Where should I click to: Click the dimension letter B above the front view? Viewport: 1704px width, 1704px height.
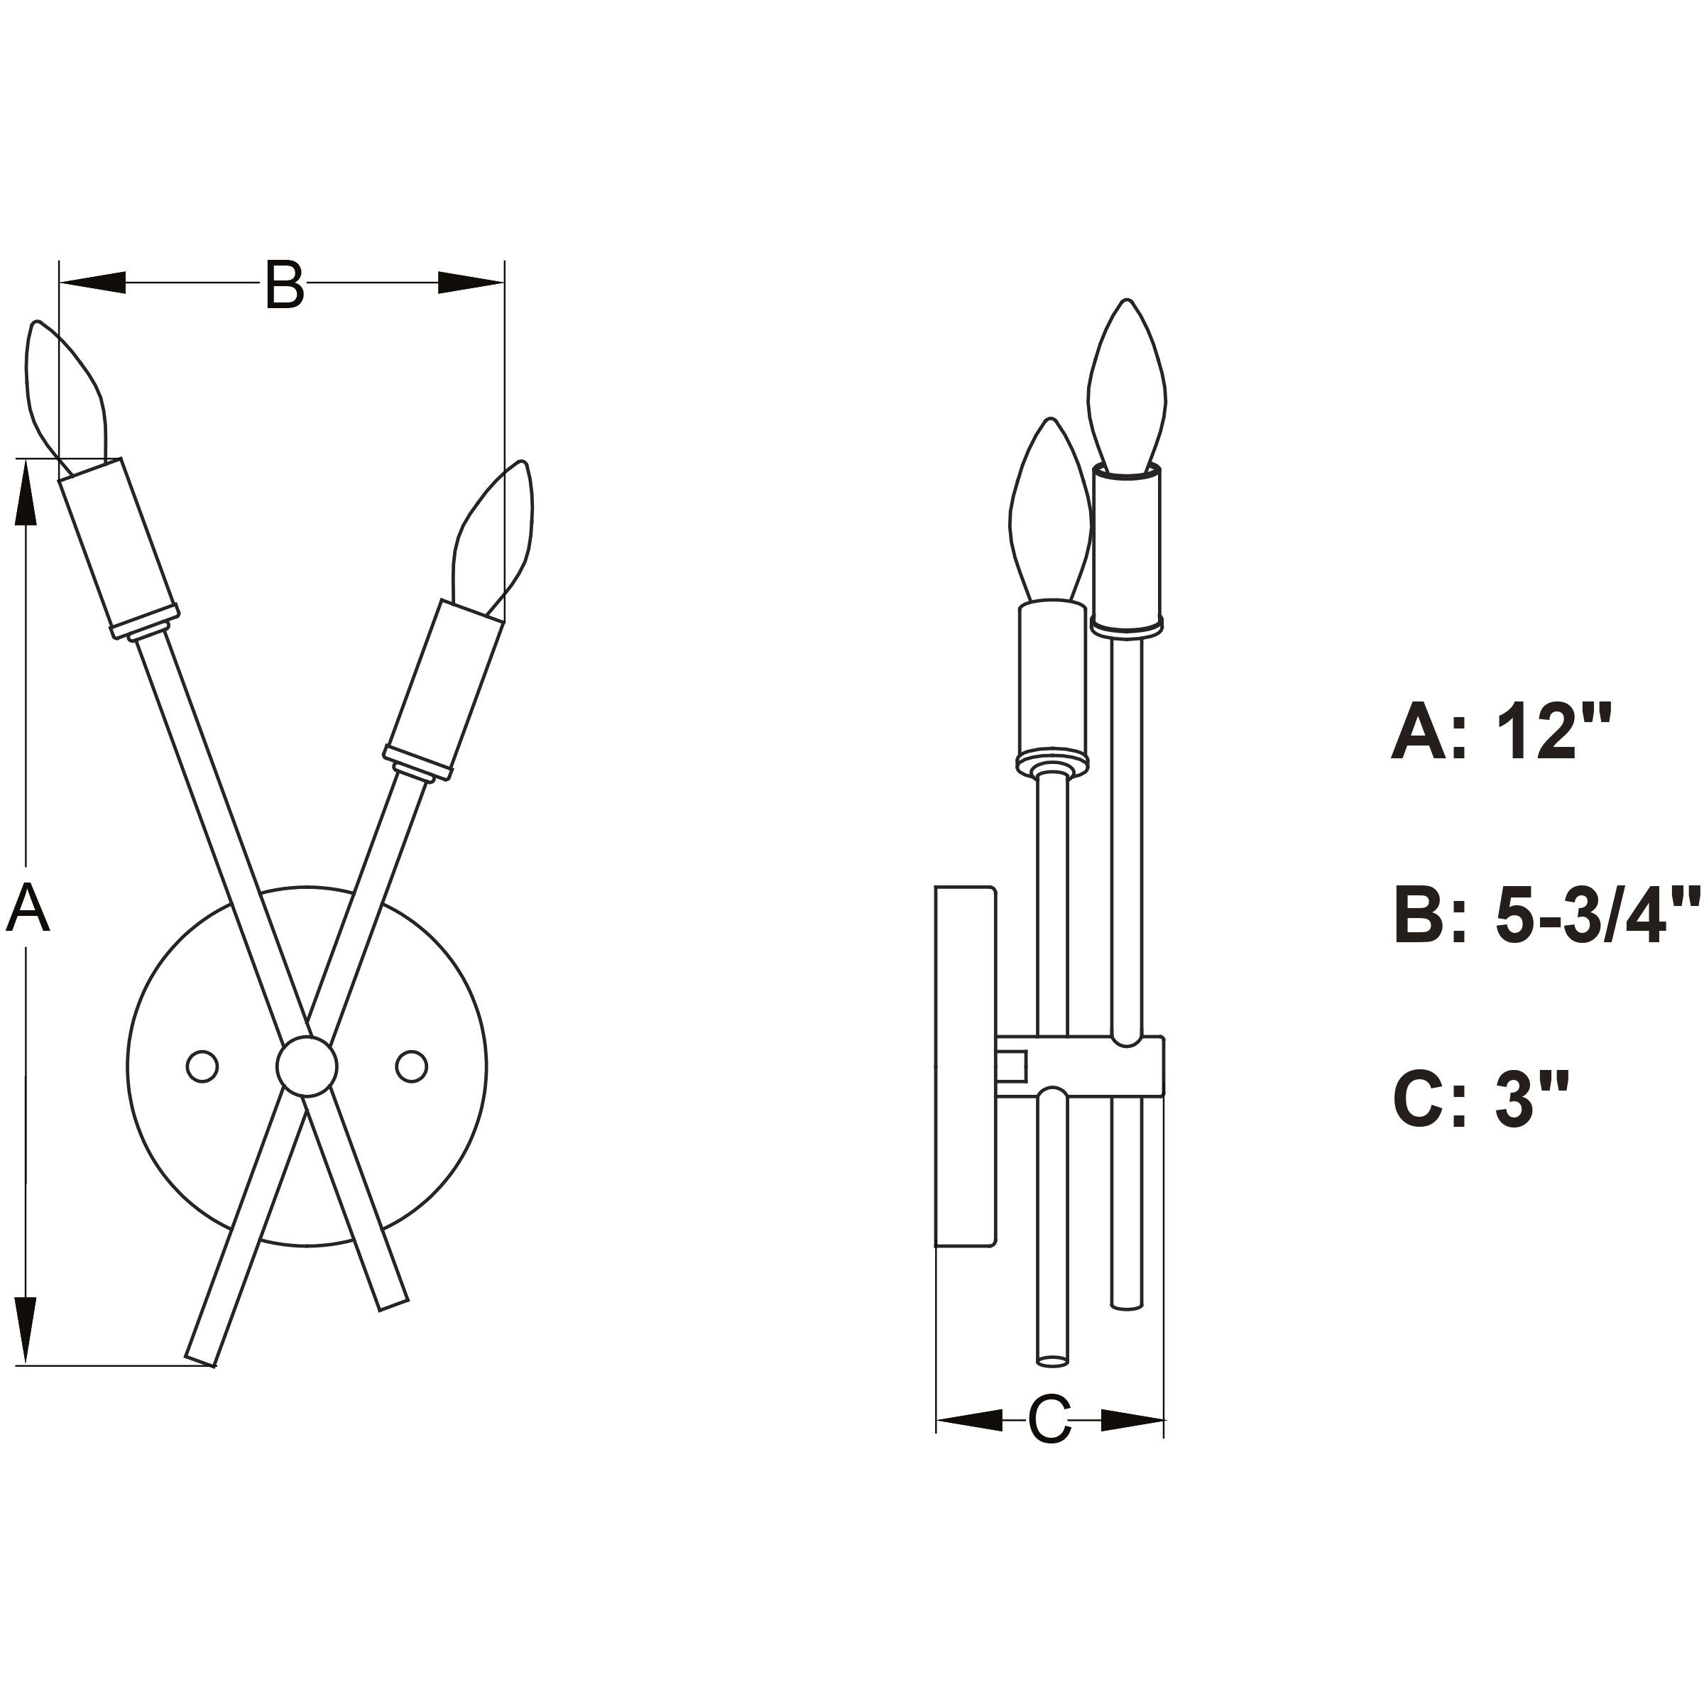pyautogui.click(x=284, y=285)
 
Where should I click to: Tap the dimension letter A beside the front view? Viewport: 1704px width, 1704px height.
pyautogui.click(x=28, y=910)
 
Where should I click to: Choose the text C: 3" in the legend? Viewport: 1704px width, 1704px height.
pyautogui.click(x=1481, y=1099)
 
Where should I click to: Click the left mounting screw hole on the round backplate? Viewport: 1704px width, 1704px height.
pyautogui.click(x=202, y=1066)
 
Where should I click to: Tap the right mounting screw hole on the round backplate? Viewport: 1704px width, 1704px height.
pyautogui.click(x=411, y=1066)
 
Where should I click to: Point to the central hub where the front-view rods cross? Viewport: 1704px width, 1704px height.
pyautogui.click(x=306, y=1066)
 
